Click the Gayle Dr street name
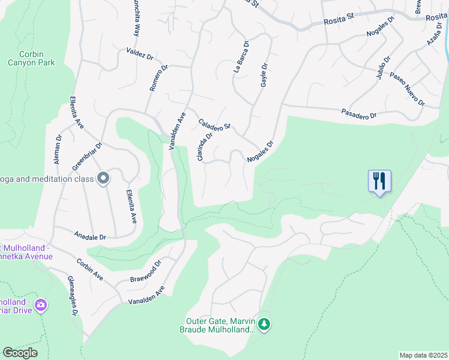pos(264,75)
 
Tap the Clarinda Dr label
pos(205,146)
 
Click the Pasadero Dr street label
pos(359,113)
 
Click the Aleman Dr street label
pos(58,151)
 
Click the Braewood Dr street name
pos(146,272)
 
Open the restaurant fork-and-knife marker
pos(379,181)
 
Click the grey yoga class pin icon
pos(103,178)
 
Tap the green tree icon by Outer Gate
pos(265,325)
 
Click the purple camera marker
pos(41,305)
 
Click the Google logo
pos(20,353)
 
